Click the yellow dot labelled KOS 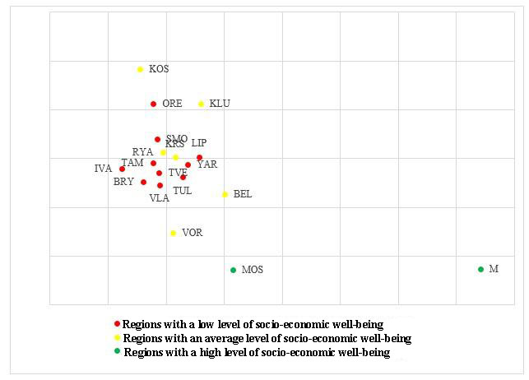coord(140,69)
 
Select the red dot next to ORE coord(153,104)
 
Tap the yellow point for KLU coord(201,104)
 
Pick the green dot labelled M coord(480,269)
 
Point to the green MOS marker coord(233,270)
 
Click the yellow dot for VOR coord(173,233)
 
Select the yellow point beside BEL coord(225,194)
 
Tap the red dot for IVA coord(122,169)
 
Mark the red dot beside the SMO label coord(157,139)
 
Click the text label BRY coord(123,182)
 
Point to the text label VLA coord(159,198)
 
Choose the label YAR coord(207,165)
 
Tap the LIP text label coord(199,143)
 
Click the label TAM coord(132,163)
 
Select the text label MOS coord(253,270)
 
